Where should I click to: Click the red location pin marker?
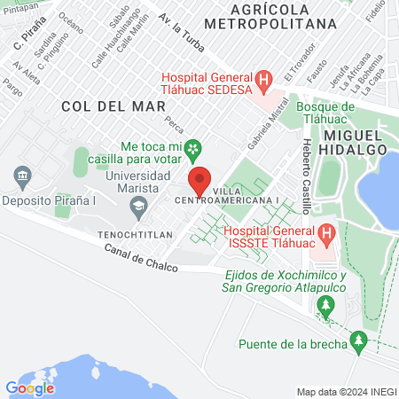(200, 181)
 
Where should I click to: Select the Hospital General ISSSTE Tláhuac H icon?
(327, 234)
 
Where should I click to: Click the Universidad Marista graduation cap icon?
(138, 208)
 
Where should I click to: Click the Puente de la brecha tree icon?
(359, 340)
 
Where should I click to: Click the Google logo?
(29, 387)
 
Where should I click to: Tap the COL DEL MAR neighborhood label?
(100, 106)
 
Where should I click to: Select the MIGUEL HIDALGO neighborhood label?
(356, 141)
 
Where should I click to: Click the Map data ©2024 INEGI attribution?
(346, 391)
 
